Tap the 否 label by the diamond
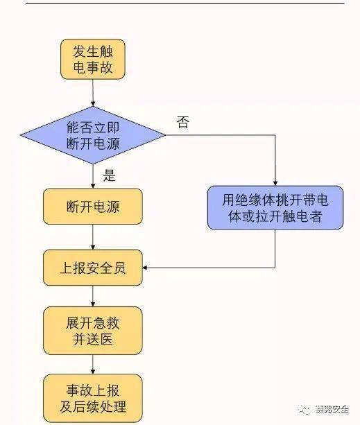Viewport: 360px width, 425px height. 182,123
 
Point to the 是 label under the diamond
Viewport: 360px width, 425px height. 110,175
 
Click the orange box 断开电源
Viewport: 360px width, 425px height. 92,207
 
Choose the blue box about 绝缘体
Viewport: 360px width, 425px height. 275,208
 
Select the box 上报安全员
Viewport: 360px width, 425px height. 92,268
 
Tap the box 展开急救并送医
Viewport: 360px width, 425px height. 92,331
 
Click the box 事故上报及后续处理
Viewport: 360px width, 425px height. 92,397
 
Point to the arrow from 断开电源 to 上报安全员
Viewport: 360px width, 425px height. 92,238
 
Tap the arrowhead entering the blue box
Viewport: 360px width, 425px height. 275,183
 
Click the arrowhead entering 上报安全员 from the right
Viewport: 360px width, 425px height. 147,268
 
